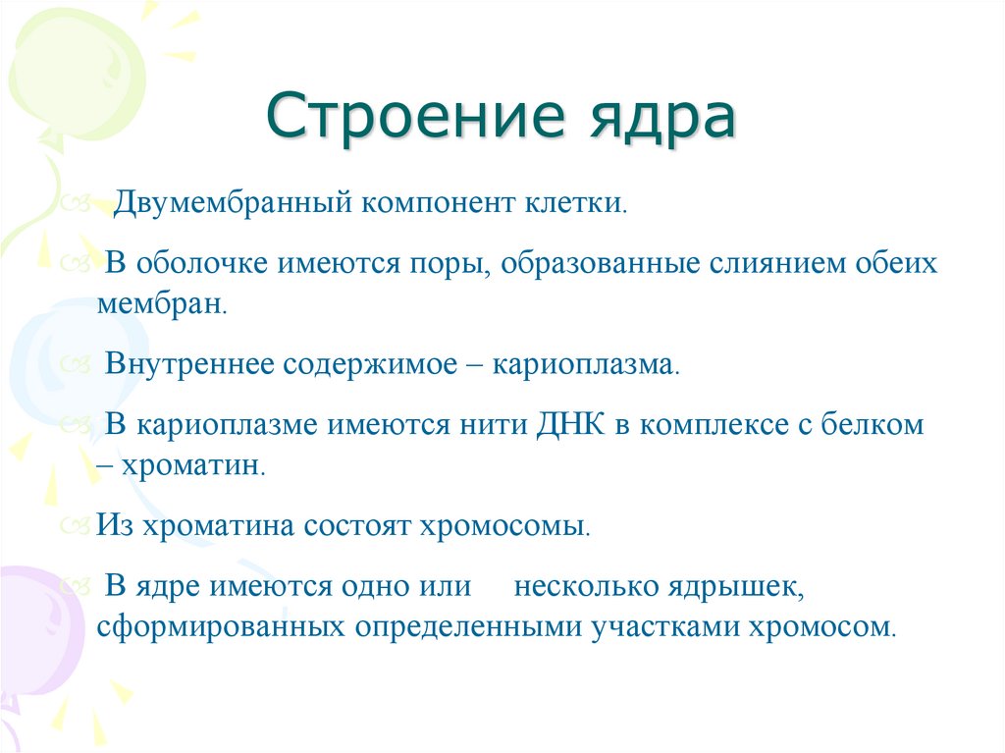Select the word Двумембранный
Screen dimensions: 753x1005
click(x=232, y=204)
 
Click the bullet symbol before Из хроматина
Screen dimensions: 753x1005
click(x=77, y=525)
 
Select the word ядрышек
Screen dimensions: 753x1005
click(x=738, y=587)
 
